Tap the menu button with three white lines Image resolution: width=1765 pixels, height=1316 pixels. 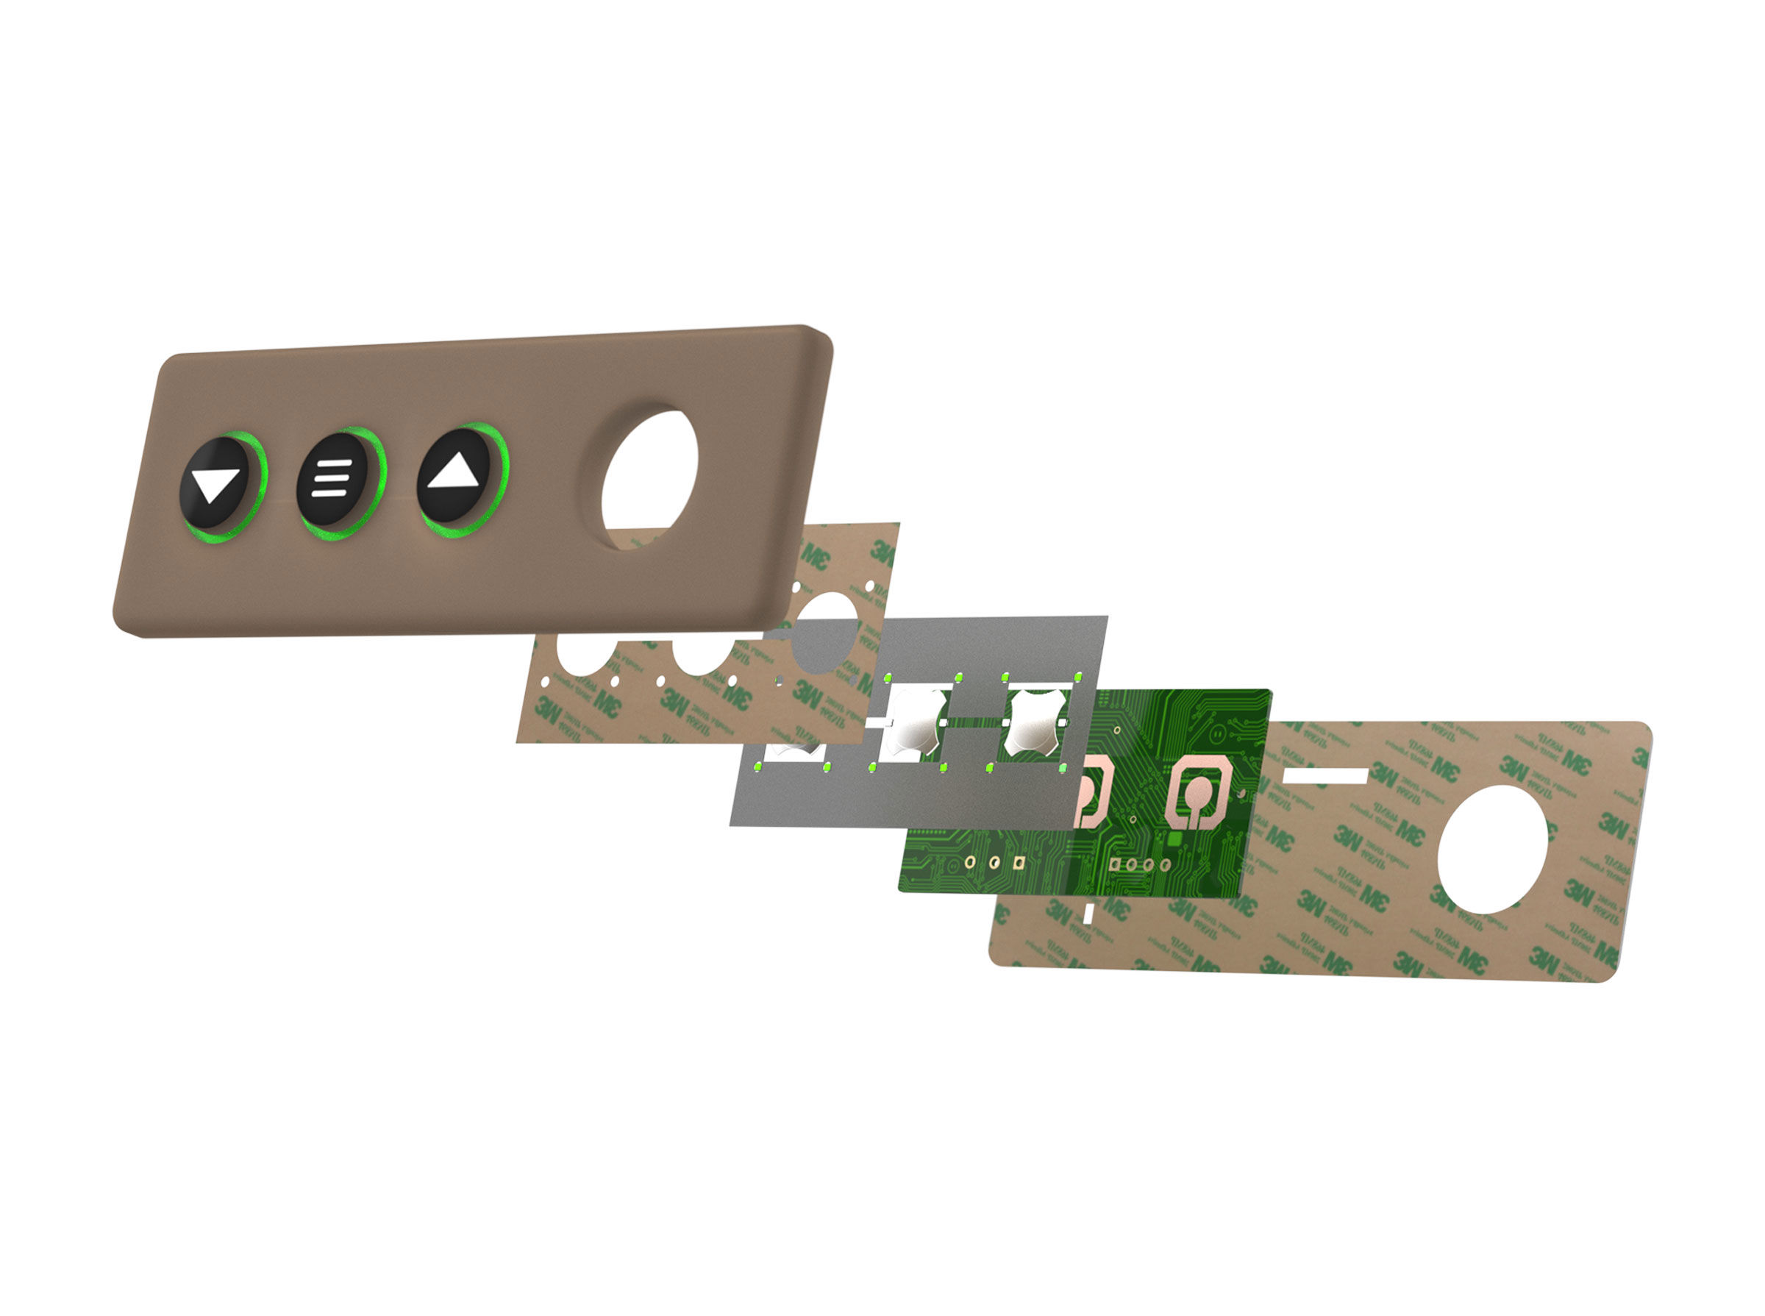[332, 480]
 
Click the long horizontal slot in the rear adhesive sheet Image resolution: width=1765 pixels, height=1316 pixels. [1324, 775]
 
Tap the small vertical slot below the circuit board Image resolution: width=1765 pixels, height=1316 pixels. [1089, 913]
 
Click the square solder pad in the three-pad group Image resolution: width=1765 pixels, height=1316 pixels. [1018, 862]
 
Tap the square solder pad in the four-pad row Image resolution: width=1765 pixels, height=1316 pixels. [1116, 864]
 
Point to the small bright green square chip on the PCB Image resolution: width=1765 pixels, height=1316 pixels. [1173, 839]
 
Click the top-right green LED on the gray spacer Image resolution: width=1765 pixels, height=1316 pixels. [1078, 676]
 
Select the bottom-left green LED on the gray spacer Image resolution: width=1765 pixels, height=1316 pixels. [758, 768]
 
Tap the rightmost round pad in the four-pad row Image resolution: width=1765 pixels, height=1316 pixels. [1165, 864]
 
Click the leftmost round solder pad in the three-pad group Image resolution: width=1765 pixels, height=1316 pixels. [970, 861]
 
